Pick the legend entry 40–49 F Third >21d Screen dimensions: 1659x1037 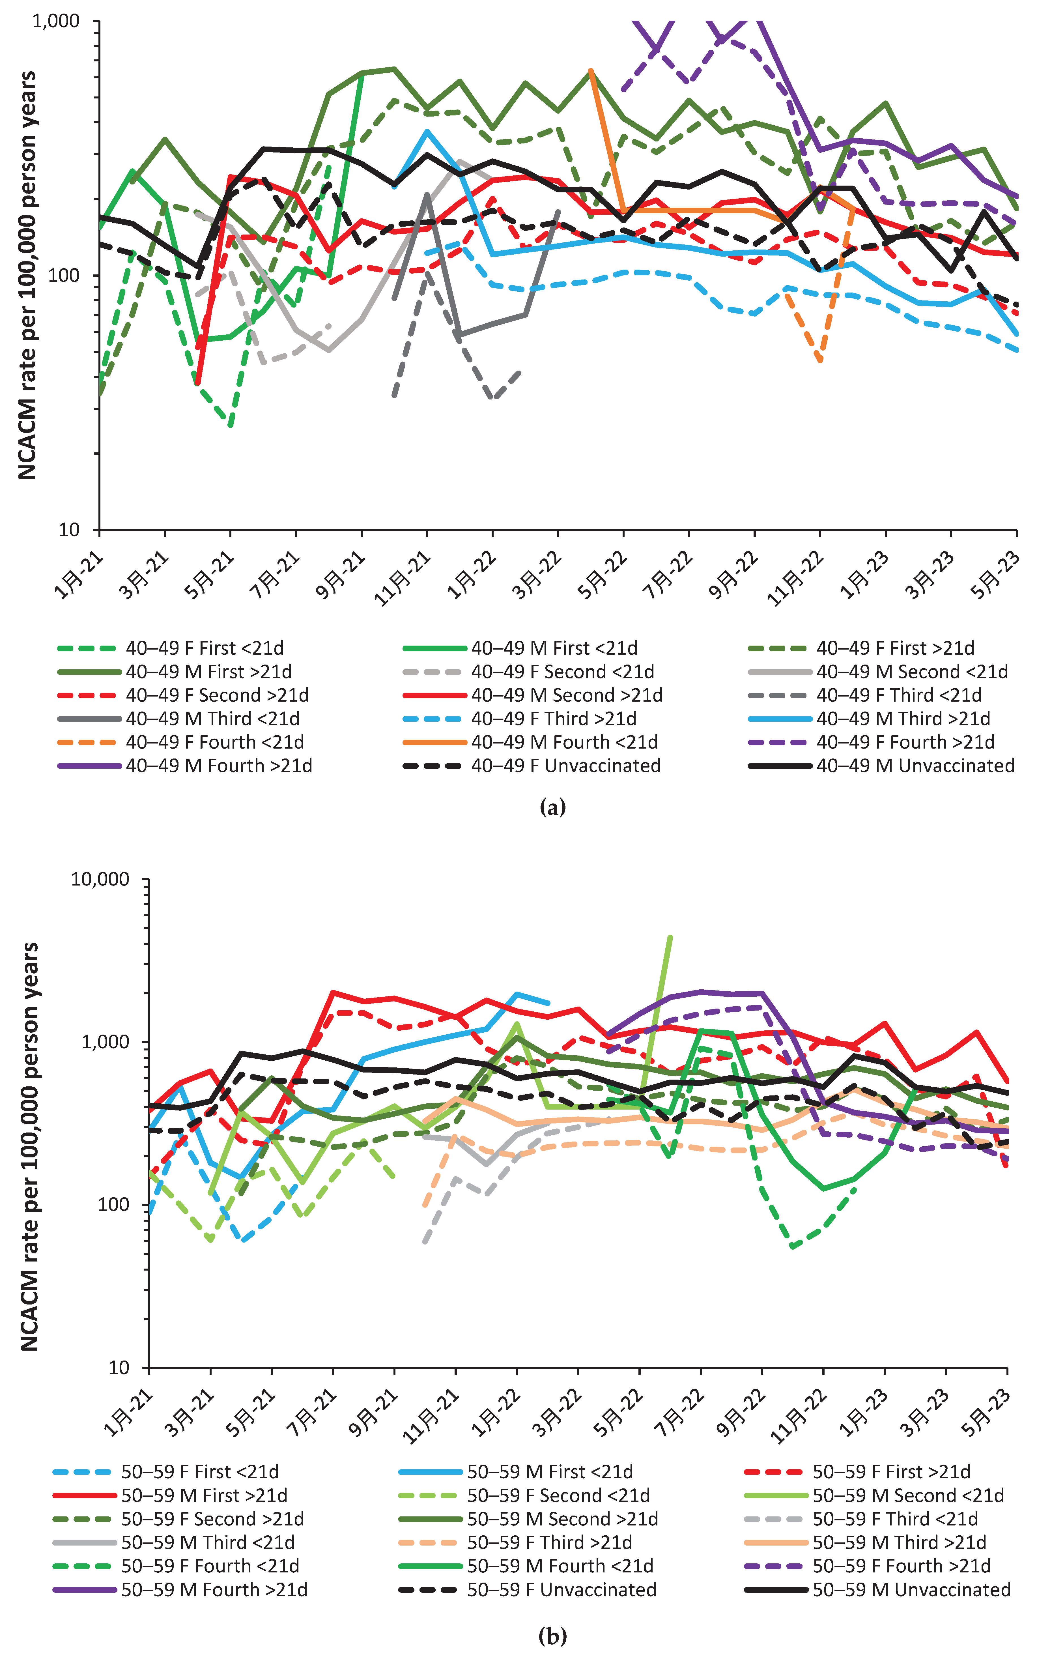(553, 719)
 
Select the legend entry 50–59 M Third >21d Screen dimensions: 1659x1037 (899, 1542)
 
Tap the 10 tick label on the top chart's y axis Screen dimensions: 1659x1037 (69, 529)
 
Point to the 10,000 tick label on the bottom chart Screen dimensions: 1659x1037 (100, 879)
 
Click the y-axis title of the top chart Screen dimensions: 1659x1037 (27, 274)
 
